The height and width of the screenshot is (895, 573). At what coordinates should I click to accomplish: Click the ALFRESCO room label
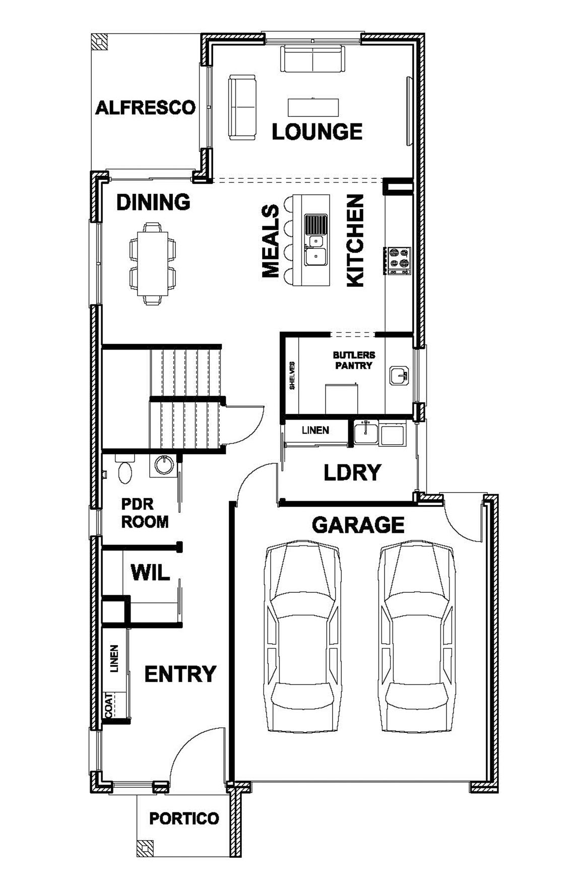(145, 107)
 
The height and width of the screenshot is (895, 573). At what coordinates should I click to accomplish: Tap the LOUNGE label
(317, 131)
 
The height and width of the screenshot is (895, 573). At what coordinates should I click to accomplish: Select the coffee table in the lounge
(313, 107)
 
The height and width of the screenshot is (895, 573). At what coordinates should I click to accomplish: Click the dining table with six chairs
(153, 263)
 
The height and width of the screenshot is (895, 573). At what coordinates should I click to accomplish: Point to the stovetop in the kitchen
(398, 260)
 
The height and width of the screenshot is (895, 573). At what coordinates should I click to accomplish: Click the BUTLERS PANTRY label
(354, 360)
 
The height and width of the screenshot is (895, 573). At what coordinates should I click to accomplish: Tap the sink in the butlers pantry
(399, 376)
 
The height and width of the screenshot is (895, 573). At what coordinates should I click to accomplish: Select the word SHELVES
(292, 375)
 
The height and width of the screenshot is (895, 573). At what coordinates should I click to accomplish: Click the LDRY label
(352, 472)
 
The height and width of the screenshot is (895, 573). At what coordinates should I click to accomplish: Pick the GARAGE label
(358, 525)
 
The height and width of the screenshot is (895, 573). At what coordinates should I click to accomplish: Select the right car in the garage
(416, 637)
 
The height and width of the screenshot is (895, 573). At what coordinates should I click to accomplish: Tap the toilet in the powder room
(124, 468)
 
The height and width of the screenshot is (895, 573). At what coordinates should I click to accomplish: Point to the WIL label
(150, 573)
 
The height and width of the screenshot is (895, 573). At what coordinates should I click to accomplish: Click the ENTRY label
(180, 674)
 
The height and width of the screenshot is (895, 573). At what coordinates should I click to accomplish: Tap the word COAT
(109, 704)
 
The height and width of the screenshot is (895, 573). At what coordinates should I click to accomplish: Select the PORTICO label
(184, 818)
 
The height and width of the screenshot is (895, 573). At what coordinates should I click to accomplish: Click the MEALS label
(271, 241)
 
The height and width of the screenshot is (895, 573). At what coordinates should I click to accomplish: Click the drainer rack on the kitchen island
(315, 224)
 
